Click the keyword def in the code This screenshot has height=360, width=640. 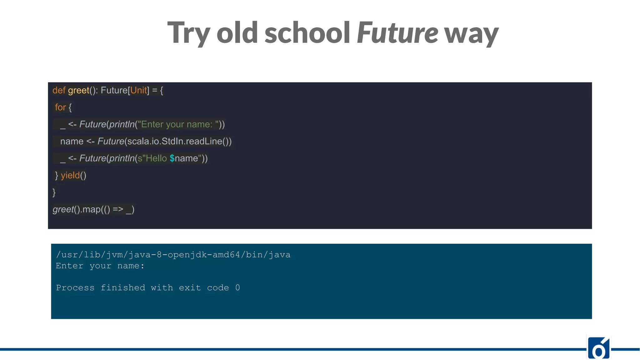coord(59,91)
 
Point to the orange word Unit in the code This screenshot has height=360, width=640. coord(138,91)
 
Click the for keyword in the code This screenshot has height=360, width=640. coord(60,107)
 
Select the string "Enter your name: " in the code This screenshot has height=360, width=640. coord(178,124)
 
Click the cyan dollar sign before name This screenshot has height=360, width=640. coord(172,158)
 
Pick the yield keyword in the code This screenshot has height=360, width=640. coord(70,175)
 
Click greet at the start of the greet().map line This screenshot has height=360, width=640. coord(63,209)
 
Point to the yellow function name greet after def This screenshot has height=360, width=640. coord(78,91)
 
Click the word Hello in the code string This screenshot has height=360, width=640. coord(156,158)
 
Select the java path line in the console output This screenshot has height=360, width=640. coord(173,255)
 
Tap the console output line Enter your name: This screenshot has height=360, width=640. coord(100,266)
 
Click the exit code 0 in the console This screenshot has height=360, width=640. coord(237,287)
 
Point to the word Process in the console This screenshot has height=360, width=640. coord(75,287)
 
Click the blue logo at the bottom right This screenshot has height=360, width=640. coord(598,348)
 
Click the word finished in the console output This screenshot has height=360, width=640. coord(123,287)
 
